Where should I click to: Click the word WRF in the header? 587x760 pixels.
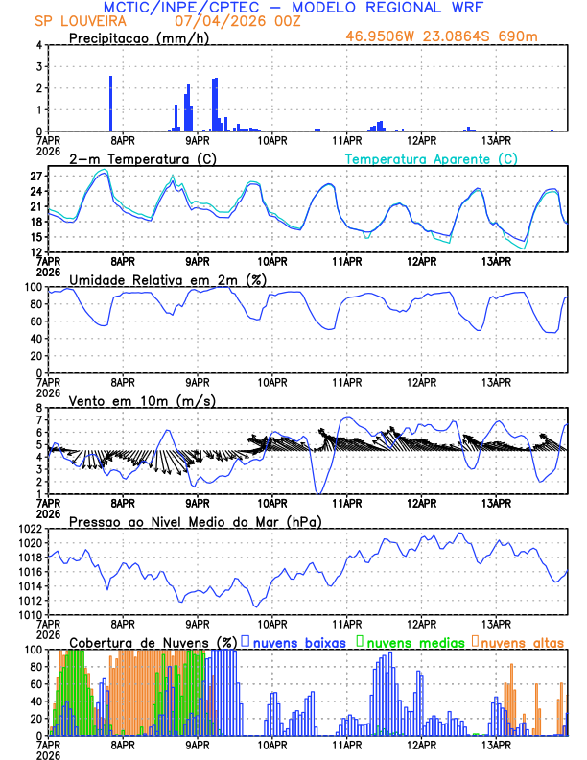[x=461, y=8]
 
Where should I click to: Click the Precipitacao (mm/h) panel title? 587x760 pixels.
[x=140, y=37]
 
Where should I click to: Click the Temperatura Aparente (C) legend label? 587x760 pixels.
[x=432, y=158]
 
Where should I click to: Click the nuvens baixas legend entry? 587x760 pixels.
[x=299, y=642]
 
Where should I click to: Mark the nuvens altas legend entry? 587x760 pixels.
[x=522, y=642]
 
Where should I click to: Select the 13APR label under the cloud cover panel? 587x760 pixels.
[x=495, y=743]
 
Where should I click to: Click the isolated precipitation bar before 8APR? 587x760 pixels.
[x=111, y=104]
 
